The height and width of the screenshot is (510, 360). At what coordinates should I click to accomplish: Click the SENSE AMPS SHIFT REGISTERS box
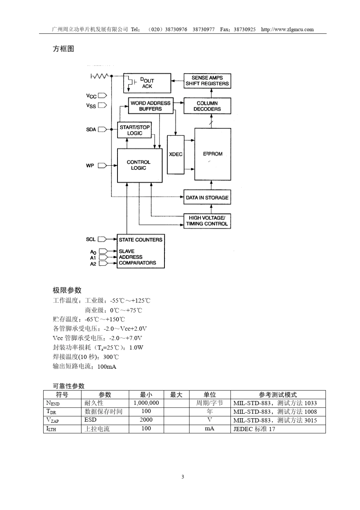207,81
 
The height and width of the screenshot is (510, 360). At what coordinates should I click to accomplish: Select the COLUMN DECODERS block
207,106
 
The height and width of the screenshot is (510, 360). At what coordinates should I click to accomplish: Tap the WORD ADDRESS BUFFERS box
150,106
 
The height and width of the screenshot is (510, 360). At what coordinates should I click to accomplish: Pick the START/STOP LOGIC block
135,130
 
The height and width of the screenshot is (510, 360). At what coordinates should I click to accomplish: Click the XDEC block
176,154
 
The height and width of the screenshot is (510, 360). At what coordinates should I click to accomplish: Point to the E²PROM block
213,154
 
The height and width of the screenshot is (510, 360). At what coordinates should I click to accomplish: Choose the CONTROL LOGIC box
139,165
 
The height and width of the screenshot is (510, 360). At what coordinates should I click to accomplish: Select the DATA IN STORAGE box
207,198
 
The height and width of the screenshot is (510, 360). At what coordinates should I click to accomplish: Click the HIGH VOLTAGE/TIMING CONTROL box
207,221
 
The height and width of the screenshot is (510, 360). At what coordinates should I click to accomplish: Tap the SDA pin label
91,130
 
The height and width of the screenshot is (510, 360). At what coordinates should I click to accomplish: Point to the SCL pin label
91,240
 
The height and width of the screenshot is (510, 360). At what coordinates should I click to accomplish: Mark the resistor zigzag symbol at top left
101,77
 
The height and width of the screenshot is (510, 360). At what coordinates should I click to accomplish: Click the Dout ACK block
147,83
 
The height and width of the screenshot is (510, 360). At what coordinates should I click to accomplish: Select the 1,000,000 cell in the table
146,403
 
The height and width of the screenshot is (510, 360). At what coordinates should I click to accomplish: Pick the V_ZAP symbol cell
53,420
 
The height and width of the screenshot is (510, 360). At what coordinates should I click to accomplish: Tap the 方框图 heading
63,49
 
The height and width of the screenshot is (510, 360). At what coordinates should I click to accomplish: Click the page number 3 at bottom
183,477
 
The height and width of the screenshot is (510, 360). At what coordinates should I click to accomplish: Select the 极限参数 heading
67,290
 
